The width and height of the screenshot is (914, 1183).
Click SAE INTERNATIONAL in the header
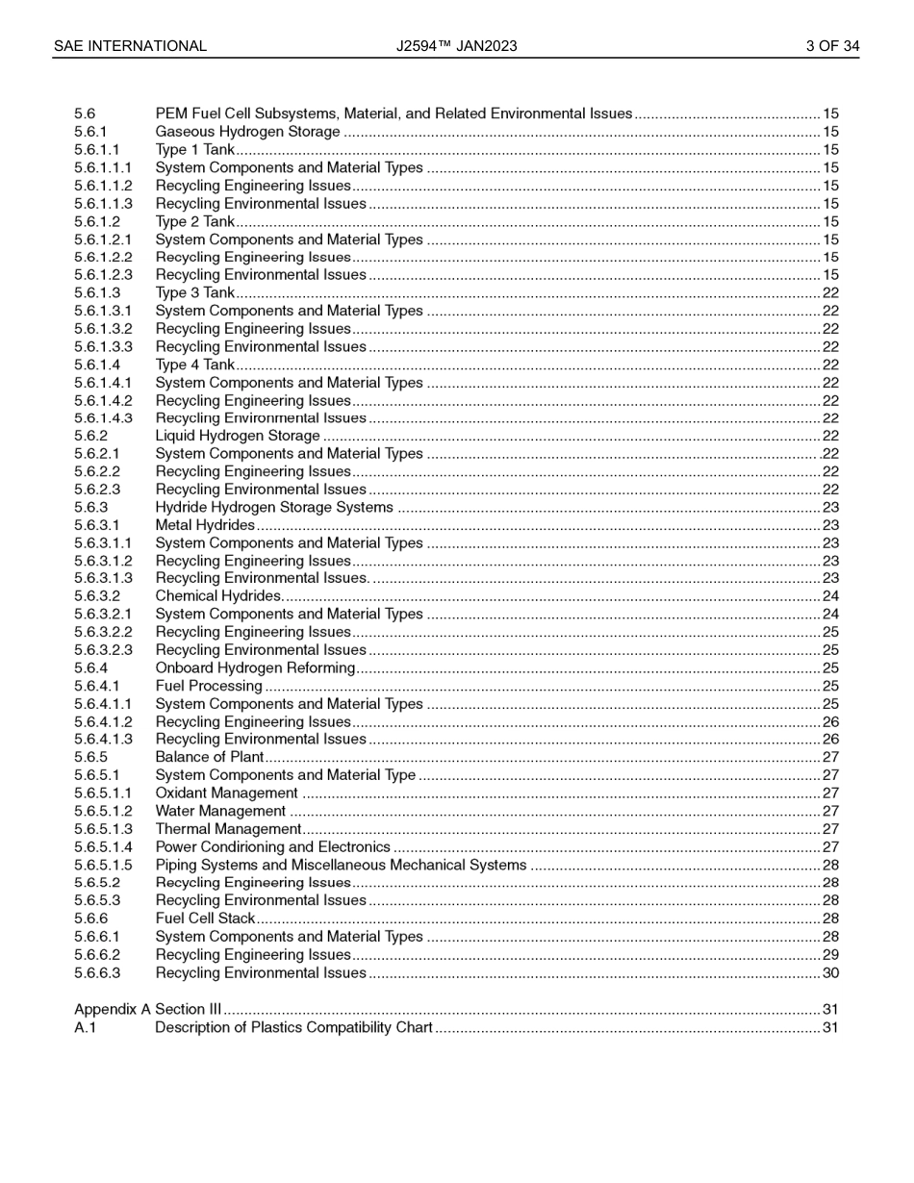click(x=130, y=46)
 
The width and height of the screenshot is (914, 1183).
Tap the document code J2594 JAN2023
click(x=456, y=46)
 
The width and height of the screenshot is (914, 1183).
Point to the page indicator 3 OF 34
click(x=832, y=46)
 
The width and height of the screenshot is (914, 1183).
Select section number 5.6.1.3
click(x=97, y=293)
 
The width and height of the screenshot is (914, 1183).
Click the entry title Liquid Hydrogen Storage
click(x=238, y=436)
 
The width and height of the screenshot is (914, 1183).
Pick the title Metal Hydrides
click(x=205, y=525)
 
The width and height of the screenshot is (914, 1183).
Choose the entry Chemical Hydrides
click(x=218, y=596)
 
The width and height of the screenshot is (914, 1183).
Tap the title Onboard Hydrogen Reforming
click(x=255, y=668)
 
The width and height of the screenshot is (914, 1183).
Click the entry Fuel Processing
click(x=209, y=686)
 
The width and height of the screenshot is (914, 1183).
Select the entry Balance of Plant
click(x=210, y=758)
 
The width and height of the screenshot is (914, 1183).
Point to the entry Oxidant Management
click(x=227, y=793)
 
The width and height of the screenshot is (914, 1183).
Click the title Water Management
click(x=220, y=812)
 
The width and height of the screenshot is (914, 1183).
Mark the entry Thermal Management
click(x=228, y=829)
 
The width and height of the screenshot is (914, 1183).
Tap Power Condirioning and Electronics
click(x=272, y=847)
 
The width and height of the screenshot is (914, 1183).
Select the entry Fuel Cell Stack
click(x=205, y=919)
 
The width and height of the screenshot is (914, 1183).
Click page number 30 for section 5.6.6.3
click(x=830, y=973)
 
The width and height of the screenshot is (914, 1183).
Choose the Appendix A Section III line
click(x=148, y=1010)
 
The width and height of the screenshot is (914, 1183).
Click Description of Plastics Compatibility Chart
click(x=293, y=1028)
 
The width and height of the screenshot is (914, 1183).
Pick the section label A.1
click(x=86, y=1028)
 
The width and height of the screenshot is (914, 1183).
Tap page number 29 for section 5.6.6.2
click(x=830, y=955)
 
